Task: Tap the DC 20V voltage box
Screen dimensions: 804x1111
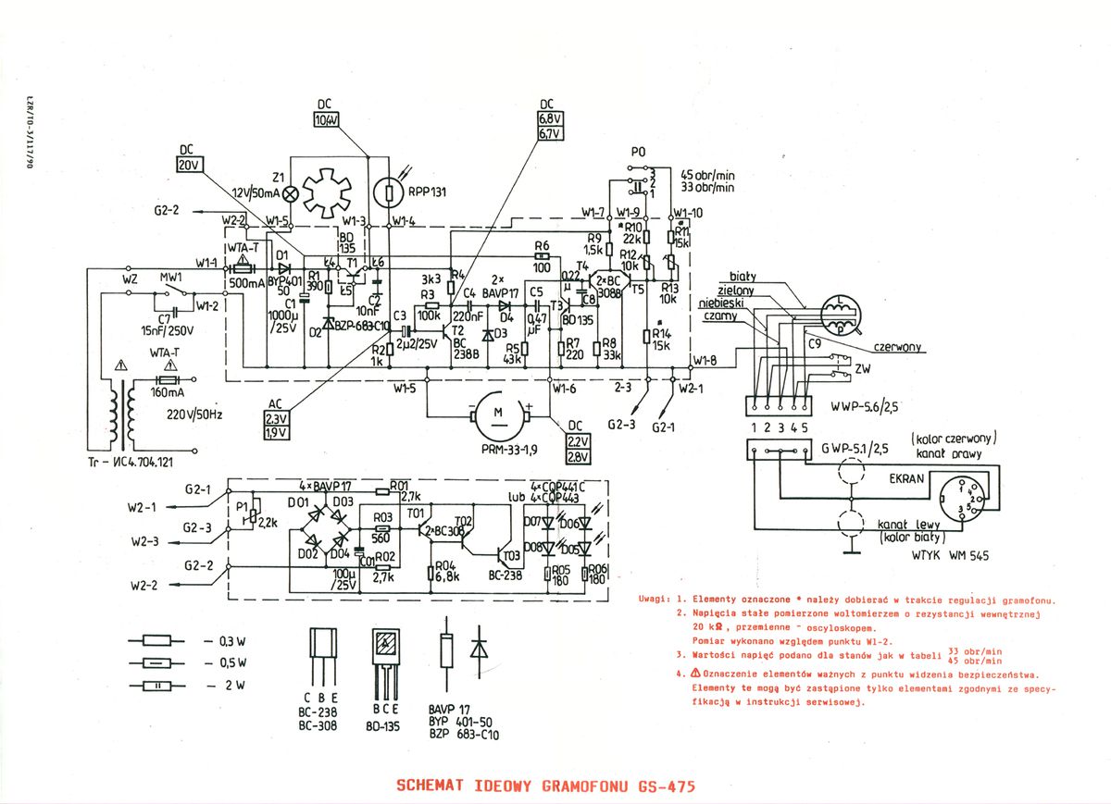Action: [188, 164]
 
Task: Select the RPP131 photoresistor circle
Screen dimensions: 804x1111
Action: [392, 193]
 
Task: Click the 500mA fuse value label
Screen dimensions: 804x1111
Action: [245, 281]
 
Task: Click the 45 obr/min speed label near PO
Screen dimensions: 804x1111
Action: [707, 175]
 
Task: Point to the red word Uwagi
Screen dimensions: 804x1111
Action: [654, 600]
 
